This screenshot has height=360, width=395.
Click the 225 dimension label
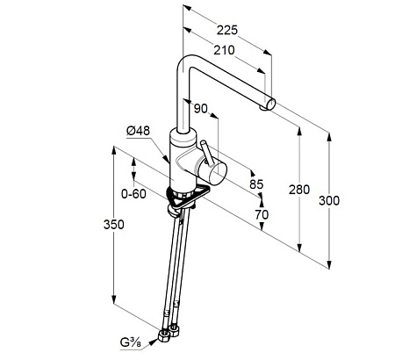click(227, 30)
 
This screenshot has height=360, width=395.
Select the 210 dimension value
click(224, 50)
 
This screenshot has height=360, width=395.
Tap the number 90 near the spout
click(201, 109)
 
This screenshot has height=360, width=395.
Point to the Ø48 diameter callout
click(138, 131)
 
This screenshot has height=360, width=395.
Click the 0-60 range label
click(133, 193)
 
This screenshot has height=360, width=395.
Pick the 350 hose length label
click(114, 225)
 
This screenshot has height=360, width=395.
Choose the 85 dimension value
click(256, 184)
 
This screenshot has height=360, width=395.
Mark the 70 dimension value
click(262, 214)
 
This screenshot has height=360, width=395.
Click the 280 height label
click(299, 190)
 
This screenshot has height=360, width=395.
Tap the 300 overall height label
click(329, 201)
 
